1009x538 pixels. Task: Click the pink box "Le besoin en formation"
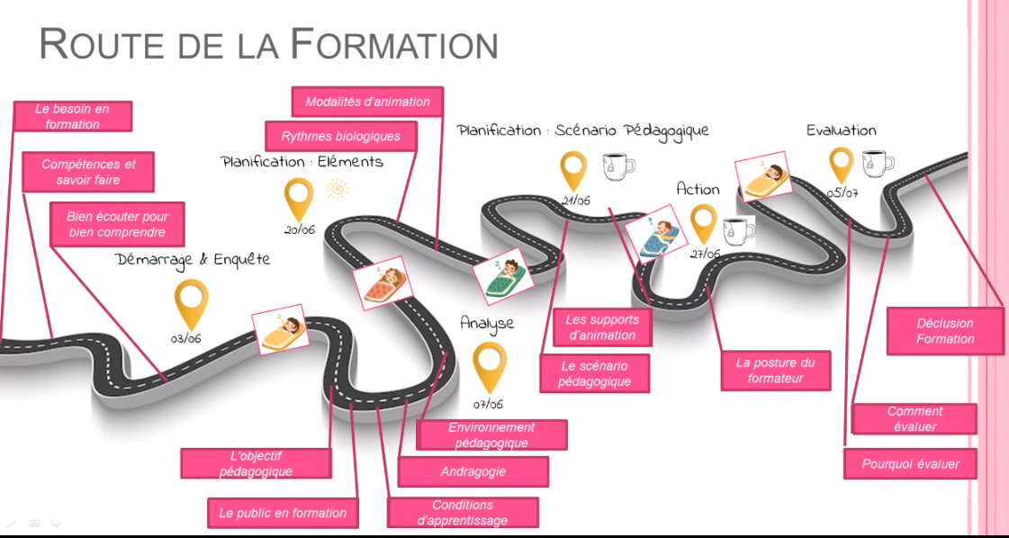pos(73,116)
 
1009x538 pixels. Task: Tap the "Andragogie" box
pos(473,471)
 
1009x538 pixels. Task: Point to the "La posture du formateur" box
pos(775,371)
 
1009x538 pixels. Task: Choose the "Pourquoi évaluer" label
pos(911,464)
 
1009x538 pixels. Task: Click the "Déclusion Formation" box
pos(945,331)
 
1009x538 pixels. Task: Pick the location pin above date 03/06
pos(190,303)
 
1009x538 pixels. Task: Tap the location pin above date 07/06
pos(490,367)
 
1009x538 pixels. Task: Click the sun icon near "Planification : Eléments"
pos(338,189)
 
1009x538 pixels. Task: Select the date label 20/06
pos(299,230)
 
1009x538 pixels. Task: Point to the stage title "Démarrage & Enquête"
pos(193,259)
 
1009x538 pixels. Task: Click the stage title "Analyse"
pos(487,323)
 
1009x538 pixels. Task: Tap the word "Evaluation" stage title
pos(841,130)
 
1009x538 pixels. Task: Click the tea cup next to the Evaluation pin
pos(877,162)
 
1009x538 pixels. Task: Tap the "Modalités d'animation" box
pos(367,102)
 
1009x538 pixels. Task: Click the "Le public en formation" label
pos(283,513)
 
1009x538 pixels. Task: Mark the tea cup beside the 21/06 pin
pos(617,166)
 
